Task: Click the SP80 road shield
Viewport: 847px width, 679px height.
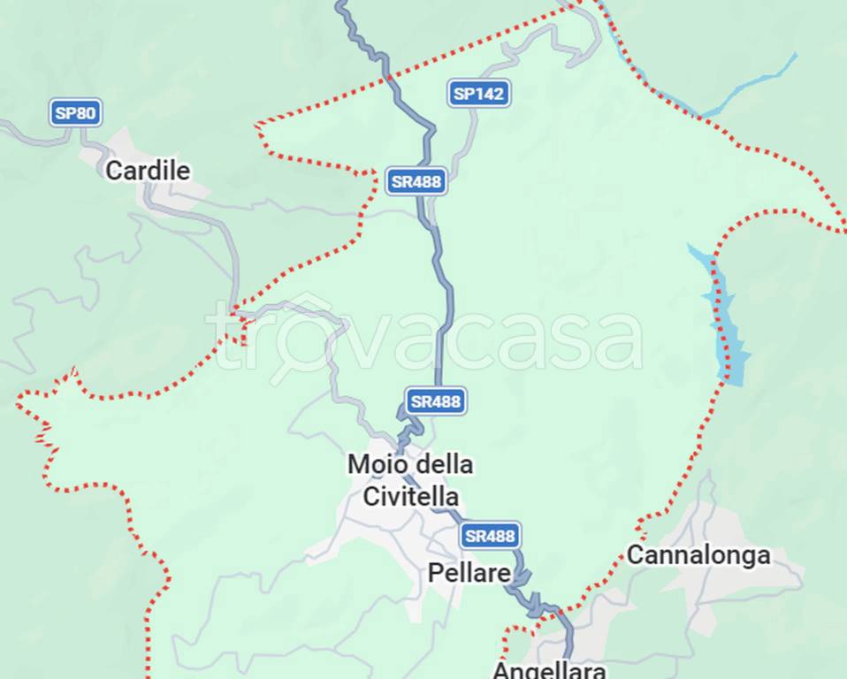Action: point(75,112)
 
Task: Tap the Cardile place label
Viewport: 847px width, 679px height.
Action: point(148,170)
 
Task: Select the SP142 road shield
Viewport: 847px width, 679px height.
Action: point(478,93)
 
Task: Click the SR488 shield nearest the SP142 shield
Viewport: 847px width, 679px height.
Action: point(416,182)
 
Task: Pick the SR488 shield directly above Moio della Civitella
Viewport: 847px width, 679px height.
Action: point(435,401)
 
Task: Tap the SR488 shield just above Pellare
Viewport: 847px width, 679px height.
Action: point(489,535)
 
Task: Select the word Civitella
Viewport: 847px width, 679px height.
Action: point(410,495)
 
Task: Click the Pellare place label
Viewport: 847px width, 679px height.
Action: point(469,573)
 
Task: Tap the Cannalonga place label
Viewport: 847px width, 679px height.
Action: point(698,555)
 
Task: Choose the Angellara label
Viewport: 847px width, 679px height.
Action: point(548,669)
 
